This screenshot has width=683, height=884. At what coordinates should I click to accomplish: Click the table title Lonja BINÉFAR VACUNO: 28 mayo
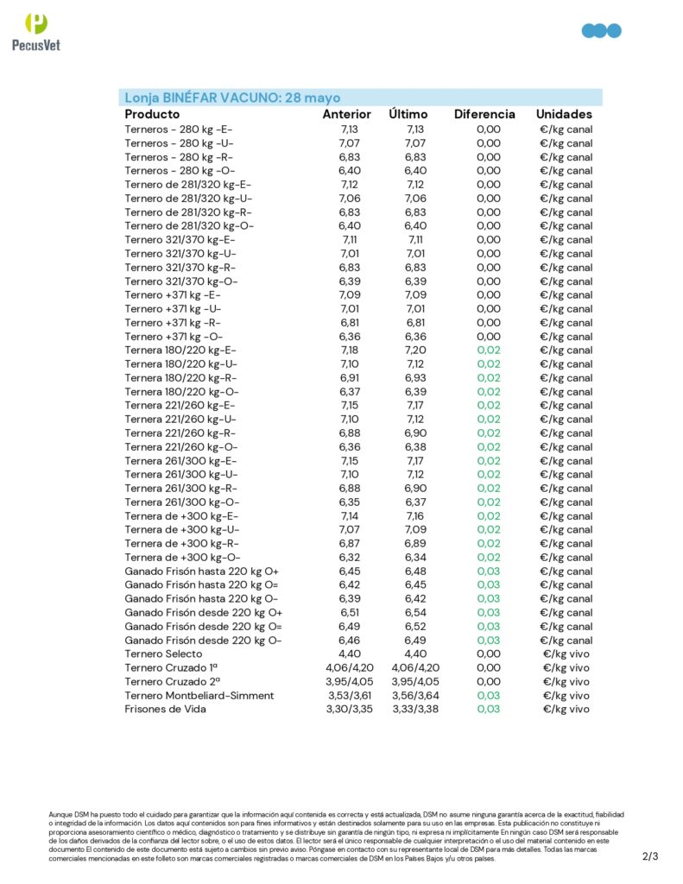coord(232,98)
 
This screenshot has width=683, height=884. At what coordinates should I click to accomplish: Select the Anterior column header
coord(346,114)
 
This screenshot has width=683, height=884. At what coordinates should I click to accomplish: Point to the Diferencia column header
coord(484,114)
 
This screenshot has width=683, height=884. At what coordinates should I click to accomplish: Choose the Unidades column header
coord(564,114)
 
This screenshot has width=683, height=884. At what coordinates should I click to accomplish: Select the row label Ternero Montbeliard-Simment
coord(199,696)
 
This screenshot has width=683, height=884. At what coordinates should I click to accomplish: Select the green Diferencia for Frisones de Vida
coord(488,710)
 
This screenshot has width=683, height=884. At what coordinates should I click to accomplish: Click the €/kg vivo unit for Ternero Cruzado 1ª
coord(566,668)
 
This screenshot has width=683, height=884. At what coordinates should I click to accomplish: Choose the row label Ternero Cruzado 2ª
coord(171,682)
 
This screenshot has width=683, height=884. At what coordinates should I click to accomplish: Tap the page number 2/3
coord(650,856)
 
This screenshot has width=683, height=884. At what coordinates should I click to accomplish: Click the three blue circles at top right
coord(601,31)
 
